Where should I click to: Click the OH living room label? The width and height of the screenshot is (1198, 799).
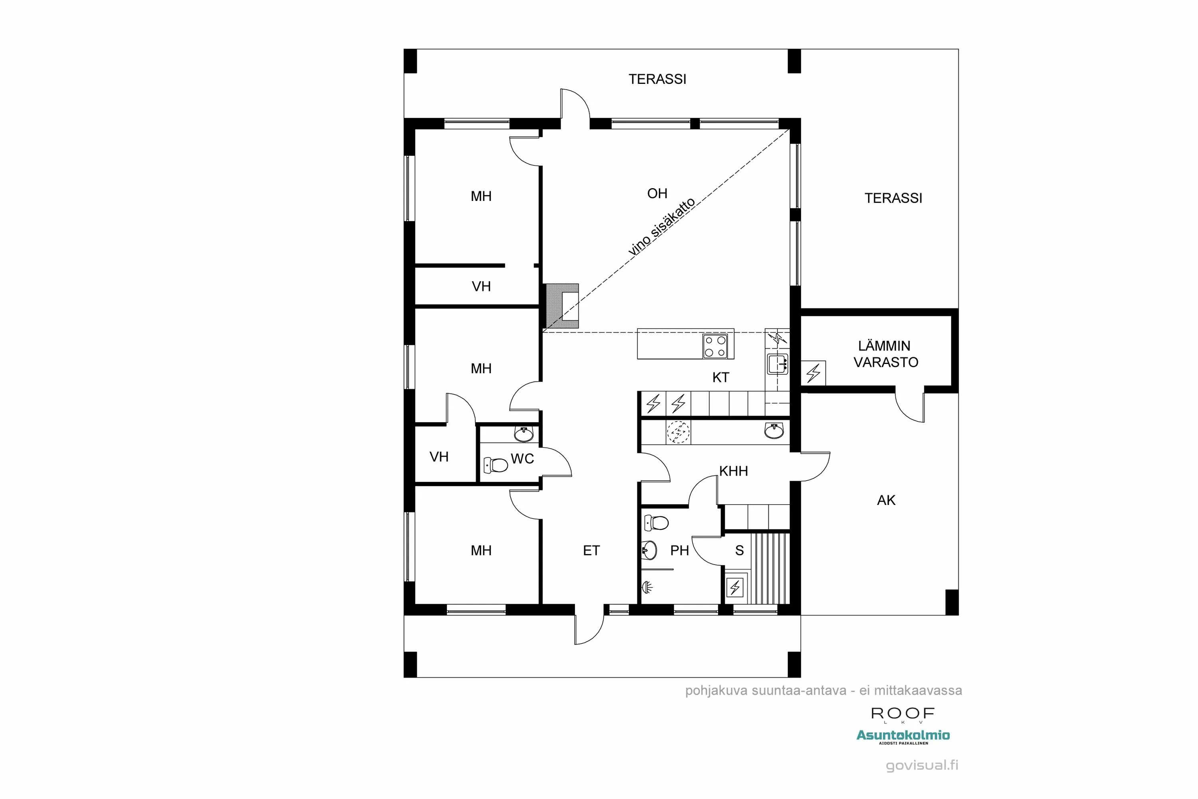(x=657, y=194)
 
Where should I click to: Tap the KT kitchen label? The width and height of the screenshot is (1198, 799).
(x=720, y=378)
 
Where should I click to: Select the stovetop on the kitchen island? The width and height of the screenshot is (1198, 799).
(x=715, y=346)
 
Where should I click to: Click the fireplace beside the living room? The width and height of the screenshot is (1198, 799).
(x=562, y=306)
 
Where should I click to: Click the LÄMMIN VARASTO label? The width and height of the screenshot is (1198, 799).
(x=885, y=354)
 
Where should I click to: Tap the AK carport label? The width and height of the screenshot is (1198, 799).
(x=886, y=501)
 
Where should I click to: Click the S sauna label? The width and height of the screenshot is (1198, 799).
(x=739, y=551)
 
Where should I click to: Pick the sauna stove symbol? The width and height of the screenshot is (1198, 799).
(x=734, y=588)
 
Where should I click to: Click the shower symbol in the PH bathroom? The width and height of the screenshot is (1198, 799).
(x=647, y=588)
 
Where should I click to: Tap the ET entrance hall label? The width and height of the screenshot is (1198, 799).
(x=591, y=551)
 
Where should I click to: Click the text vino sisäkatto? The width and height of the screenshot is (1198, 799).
(x=661, y=227)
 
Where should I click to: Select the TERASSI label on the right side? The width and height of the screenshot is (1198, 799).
(x=893, y=198)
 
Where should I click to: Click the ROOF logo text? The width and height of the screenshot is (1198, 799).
(x=902, y=714)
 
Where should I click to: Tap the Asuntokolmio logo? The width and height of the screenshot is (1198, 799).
(x=902, y=735)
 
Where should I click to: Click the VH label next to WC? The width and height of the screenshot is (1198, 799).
(x=438, y=457)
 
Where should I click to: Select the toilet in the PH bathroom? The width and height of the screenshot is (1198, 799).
(x=657, y=523)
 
